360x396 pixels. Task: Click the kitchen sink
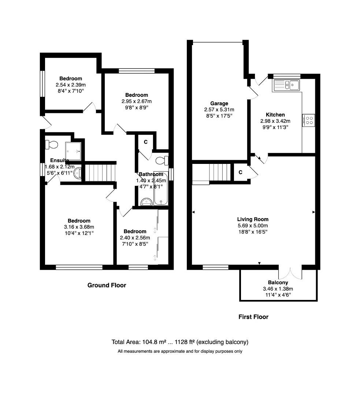coord(286,85)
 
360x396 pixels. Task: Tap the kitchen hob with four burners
coord(308,121)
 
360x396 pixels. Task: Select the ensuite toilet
coord(51,144)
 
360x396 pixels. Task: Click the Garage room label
coord(219,103)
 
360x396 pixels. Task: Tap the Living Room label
coord(253,219)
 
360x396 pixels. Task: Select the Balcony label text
coord(278,282)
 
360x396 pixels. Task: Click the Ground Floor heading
coord(107,285)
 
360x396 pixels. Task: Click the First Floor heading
coord(253,317)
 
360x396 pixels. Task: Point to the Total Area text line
coord(180,342)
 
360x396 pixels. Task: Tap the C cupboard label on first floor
coord(240,172)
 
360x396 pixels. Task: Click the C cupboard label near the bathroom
coord(145,142)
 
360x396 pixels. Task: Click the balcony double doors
coord(290,273)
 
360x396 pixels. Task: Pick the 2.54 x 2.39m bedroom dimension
coord(71,84)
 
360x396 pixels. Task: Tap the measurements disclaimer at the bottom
coord(180,351)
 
